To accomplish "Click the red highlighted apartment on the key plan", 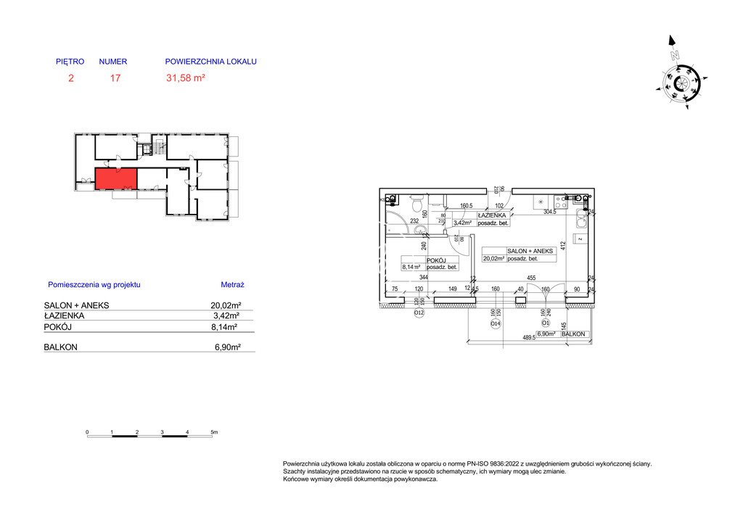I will click(115, 178).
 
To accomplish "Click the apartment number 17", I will click(115, 78).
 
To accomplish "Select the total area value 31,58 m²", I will click(186, 78).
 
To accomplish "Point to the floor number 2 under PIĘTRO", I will click(70, 78).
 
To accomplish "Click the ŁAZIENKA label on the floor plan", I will click(491, 215).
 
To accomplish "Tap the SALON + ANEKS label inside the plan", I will click(535, 251).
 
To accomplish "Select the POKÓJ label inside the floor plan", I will click(435, 260).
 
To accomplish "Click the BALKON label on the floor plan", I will click(574, 334).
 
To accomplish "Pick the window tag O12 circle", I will click(419, 313).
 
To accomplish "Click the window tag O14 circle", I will click(495, 324).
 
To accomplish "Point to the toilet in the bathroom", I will click(416, 202).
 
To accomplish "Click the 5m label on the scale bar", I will click(213, 432).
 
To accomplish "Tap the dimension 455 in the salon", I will click(530, 278).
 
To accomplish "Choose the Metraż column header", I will click(232, 285).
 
